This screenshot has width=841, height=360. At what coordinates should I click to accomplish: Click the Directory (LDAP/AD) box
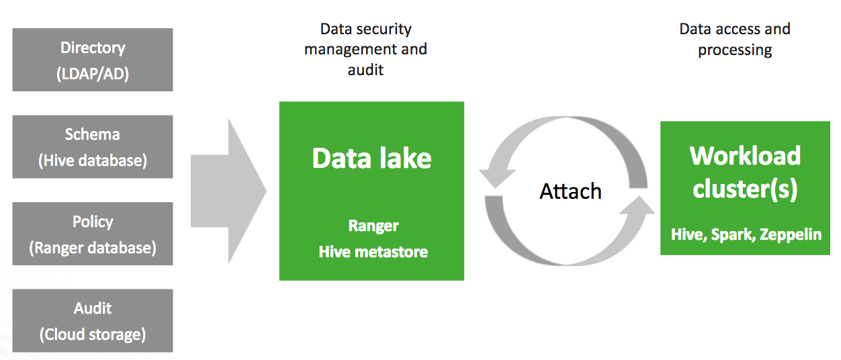(93, 60)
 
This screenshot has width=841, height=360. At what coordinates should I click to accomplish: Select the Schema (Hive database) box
(93, 146)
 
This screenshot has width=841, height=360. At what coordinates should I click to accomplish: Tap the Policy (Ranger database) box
(93, 234)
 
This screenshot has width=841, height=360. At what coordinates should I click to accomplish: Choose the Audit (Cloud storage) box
(93, 320)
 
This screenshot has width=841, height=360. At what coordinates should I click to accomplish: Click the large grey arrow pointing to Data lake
(228, 191)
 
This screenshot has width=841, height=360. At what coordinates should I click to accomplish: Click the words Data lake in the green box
(371, 158)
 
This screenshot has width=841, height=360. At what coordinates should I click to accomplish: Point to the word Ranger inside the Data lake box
(373, 226)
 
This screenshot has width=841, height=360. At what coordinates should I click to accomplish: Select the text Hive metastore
(373, 252)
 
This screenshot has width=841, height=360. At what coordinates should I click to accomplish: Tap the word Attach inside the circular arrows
(570, 191)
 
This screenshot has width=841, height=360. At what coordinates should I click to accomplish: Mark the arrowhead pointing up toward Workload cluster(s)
(638, 206)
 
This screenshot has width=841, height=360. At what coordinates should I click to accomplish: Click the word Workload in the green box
(745, 155)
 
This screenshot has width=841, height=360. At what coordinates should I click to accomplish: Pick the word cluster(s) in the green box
(745, 189)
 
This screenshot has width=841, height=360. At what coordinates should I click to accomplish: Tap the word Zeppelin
(791, 234)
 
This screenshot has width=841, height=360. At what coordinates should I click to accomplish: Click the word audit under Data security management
(365, 70)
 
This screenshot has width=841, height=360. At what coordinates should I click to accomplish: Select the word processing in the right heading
(735, 50)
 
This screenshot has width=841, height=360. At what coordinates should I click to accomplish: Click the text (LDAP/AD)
(93, 74)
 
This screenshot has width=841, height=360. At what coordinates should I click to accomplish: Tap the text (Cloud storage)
(93, 334)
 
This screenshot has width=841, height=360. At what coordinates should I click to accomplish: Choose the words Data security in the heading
(366, 30)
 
